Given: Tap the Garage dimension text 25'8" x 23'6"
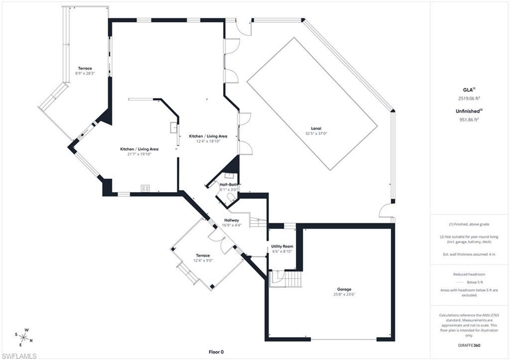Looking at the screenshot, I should coord(344,294).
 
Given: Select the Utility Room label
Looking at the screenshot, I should coord(282,246).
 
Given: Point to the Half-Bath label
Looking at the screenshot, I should coord(229,184).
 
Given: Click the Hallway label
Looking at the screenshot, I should coord(232,220).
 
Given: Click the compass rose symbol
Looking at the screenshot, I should coord(23,337).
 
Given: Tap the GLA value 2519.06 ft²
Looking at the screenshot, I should coord(469,99).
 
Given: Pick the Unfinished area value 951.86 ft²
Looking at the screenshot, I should coord(469,120).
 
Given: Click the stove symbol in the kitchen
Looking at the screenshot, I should coord(145,188).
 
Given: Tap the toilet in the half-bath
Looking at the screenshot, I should coord(231,198).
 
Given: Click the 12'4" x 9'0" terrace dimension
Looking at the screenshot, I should coord(203,260).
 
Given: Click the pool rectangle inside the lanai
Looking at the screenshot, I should coord(311,104).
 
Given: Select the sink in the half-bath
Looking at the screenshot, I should coord(229,175).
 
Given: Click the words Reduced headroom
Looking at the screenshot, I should coord(469,274).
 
